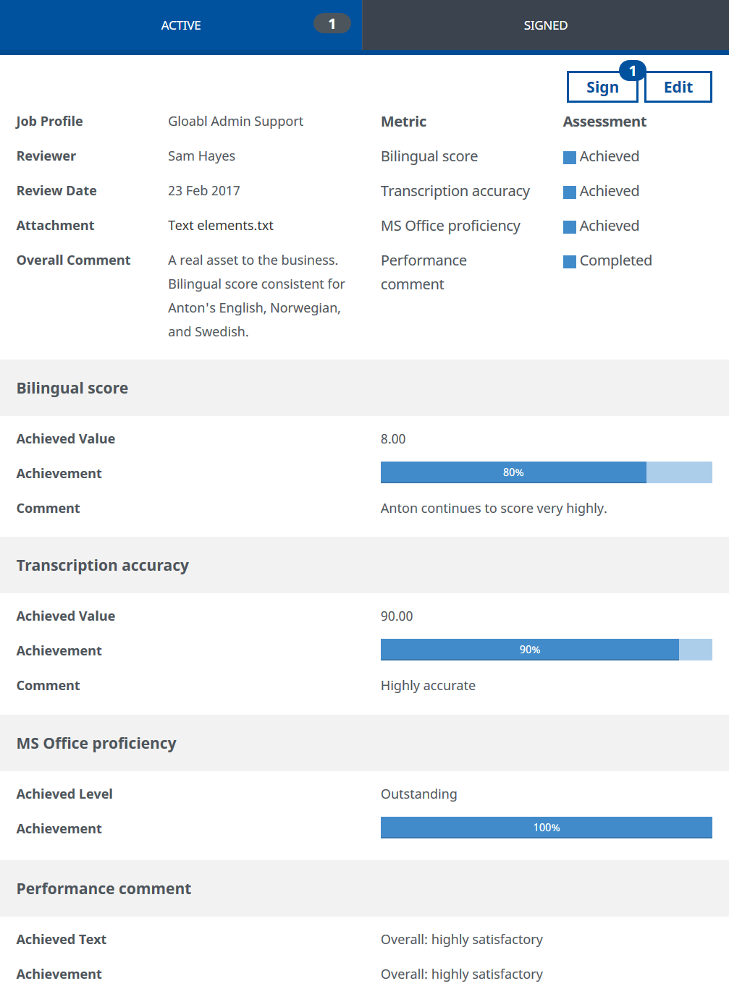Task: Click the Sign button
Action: tap(602, 88)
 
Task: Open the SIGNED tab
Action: tap(545, 25)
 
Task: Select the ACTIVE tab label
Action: tap(181, 25)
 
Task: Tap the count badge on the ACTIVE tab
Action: tap(332, 24)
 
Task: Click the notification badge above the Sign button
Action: tap(632, 71)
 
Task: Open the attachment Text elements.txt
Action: tap(221, 226)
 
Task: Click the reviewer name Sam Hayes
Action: tap(201, 156)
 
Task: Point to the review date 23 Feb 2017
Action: tap(204, 191)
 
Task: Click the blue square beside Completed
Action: tap(570, 261)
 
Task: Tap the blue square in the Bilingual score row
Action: tap(570, 157)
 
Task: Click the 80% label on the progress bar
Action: tap(513, 472)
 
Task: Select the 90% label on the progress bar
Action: tap(530, 650)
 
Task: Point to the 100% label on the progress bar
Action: tap(547, 828)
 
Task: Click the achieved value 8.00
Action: tap(393, 439)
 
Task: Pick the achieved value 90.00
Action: tap(397, 616)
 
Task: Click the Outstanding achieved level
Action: tap(418, 794)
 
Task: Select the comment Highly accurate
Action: tap(428, 686)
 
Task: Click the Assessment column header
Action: tap(604, 122)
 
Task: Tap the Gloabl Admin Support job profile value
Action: tap(235, 122)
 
